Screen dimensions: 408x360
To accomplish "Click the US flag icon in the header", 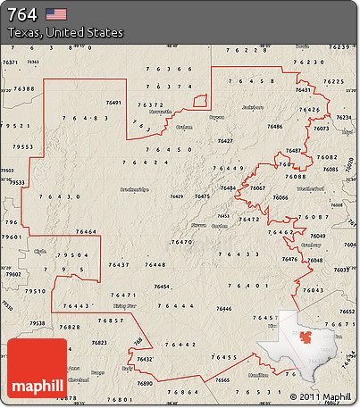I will pyautogui.click(x=56, y=13).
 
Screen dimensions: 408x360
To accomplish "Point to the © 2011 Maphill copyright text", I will pyautogui.click(x=321, y=395).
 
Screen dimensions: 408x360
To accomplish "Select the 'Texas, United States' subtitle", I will pyautogui.click(x=64, y=32).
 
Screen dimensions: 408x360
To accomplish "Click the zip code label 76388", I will pyautogui.click(x=24, y=88).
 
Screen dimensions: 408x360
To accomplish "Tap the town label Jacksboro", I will pyautogui.click(x=253, y=107).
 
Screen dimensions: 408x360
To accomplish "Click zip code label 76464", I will pyautogui.click(x=87, y=232).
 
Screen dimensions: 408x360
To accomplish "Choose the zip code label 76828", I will pyautogui.click(x=70, y=328).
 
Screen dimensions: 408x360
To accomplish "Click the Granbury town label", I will pyautogui.click(x=312, y=243).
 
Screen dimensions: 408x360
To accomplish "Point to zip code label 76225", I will pyautogui.click(x=333, y=81).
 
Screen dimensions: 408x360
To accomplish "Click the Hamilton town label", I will pyautogui.click(x=258, y=376).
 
